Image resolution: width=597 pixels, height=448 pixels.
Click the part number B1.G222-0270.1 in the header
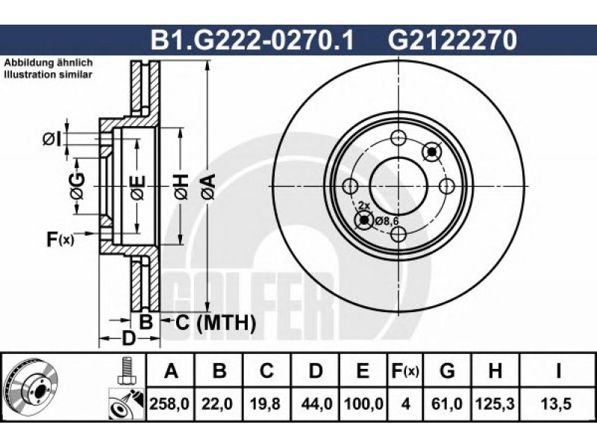[x=252, y=40]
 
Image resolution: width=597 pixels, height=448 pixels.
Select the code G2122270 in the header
[x=452, y=40]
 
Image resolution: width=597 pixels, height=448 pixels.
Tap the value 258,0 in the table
[x=169, y=403]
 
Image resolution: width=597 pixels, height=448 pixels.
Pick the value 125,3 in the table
[x=495, y=403]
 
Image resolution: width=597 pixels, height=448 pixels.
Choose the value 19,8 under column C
[x=266, y=403]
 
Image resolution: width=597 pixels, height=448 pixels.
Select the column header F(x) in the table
[x=405, y=370]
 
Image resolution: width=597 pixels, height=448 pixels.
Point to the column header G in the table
[x=447, y=370]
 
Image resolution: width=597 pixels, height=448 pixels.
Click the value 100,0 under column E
[x=363, y=403]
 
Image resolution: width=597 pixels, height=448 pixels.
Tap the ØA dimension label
[x=209, y=187]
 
